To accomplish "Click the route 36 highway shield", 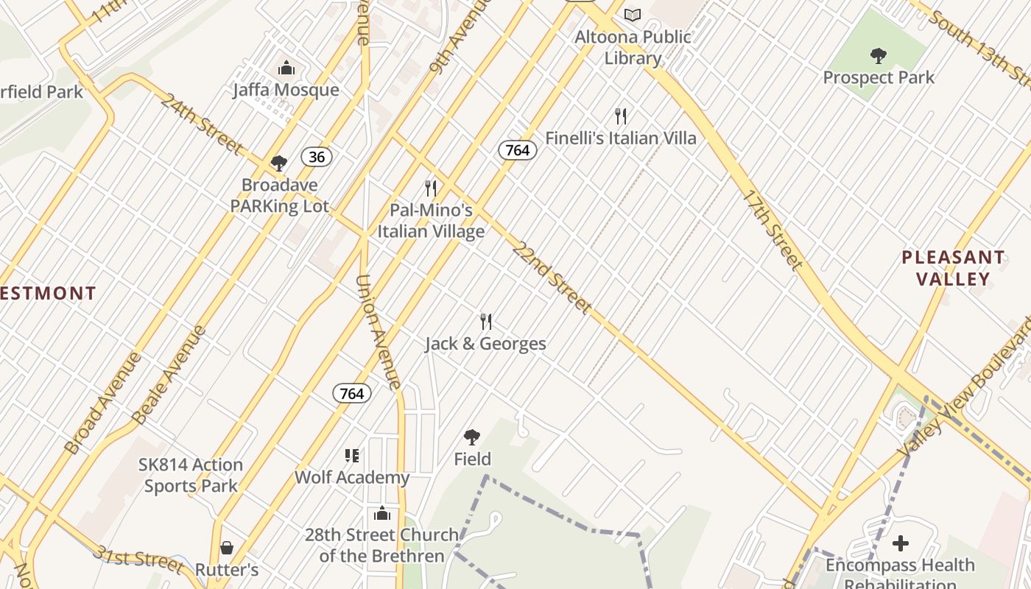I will pos(317,157).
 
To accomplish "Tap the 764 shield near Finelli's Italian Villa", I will pos(518,150).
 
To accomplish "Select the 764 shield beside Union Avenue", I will pos(352,393).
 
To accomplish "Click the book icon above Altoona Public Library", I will pos(633,15).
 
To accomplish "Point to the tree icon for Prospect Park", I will pos(878,55).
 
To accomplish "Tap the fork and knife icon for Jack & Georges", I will pos(486,322).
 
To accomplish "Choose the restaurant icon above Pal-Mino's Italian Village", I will pos(431,188).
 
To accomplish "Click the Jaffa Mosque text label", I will pos(286,90).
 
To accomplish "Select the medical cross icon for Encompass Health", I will pos(900,544).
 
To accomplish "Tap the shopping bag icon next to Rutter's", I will pos(227,548).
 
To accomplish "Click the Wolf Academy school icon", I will pos(352,456).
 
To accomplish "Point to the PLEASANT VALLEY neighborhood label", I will pos(953,268).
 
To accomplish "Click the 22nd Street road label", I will pos(552,278).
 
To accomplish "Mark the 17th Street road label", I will pos(772,229).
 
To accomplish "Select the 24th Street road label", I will pos(201,123).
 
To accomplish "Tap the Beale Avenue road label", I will pos(169,374).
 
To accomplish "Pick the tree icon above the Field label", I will pos(472,437).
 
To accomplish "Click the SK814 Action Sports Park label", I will pos(191,475).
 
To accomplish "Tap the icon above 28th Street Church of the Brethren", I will pos(382,513).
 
